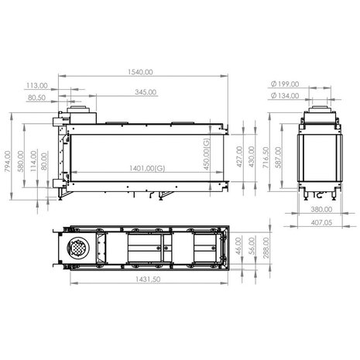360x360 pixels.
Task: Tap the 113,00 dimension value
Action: (36, 86)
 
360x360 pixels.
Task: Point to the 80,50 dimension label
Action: (36, 99)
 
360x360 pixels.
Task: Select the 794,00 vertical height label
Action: (9, 162)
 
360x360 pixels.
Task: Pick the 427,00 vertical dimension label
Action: (238, 156)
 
